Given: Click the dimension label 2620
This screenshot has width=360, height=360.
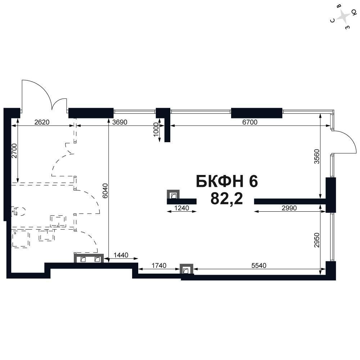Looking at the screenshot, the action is pos(42,122).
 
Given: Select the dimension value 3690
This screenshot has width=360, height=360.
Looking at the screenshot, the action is pos(120,122).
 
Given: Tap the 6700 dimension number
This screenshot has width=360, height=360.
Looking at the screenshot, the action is pos(250,122).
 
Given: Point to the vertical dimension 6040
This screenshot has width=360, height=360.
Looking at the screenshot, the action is pos(105,190).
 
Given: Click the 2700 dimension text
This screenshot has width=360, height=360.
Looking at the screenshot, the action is pos(14,150).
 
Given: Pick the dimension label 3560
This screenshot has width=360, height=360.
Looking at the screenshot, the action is pos(316,156).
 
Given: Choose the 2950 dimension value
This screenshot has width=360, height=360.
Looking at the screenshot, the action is pos(316,240).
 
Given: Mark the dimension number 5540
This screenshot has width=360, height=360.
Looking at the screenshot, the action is pos(259,265).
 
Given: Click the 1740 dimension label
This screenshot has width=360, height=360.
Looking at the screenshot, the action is pos(159,265).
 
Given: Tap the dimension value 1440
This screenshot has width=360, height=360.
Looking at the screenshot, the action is pos(121,255).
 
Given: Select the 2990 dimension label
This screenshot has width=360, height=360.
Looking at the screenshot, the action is pos(289,208).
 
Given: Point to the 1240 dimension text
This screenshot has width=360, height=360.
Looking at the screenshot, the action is pos(181,208).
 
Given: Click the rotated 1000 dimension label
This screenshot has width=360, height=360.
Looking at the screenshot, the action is pos(156,130).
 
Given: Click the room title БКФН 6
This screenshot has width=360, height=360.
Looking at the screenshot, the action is pos(227,181).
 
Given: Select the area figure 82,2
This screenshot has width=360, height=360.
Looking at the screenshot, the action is pos(226,198).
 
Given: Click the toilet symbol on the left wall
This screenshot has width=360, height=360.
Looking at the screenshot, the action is pos(18,211).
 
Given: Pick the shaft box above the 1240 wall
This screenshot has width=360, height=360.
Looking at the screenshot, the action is pos(173,194).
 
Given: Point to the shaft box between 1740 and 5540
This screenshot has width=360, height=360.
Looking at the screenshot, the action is pos(186,269).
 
